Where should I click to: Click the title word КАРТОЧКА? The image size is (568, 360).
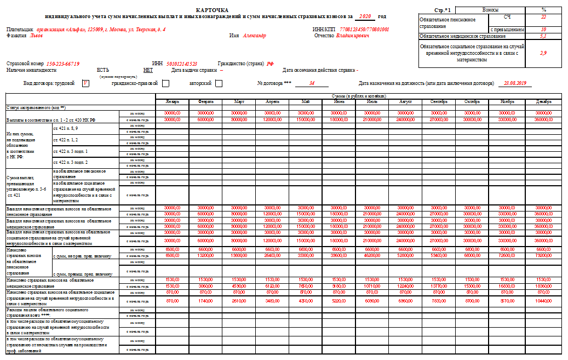(212, 10)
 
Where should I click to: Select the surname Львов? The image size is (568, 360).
(36, 36)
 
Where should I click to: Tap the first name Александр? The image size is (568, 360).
(255, 36)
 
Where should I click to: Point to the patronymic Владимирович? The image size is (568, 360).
(353, 36)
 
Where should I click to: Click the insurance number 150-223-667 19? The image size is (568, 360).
(63, 64)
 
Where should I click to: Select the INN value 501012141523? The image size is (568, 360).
(182, 64)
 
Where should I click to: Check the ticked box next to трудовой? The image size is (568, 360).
(85, 83)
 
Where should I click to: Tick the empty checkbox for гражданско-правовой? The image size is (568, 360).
(165, 83)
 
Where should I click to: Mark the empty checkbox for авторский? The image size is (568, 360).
(219, 83)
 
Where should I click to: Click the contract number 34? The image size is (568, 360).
(312, 83)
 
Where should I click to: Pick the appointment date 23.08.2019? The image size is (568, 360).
(514, 83)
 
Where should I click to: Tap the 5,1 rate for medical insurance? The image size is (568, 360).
(543, 36)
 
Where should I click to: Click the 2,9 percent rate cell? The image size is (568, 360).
(543, 53)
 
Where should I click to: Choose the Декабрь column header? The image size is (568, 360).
(544, 102)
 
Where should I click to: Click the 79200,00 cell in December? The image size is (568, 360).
(544, 255)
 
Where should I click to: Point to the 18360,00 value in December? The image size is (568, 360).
(544, 286)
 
